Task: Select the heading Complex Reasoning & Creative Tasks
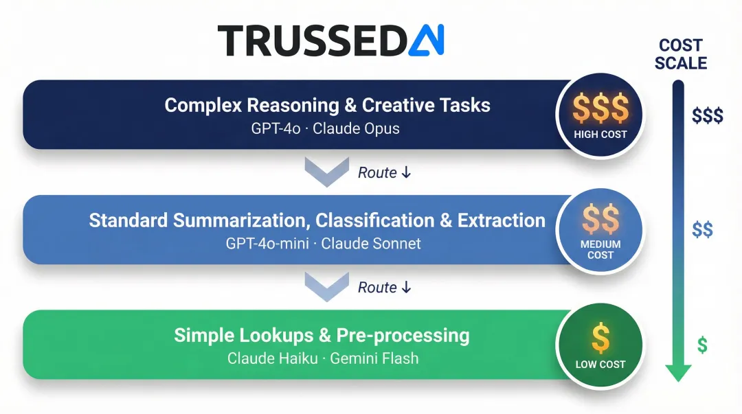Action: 327,105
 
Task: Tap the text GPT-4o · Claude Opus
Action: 325,128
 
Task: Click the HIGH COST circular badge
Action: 600,115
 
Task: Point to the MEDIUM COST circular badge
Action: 600,229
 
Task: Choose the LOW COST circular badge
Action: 600,344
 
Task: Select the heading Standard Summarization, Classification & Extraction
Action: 317,220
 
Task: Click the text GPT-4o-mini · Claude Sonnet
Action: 323,243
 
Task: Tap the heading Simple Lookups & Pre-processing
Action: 322,335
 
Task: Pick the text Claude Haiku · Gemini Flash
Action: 323,358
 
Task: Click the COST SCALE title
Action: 680,54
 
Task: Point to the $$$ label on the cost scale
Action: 707,115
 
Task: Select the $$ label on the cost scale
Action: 702,229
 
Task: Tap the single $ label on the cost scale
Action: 701,345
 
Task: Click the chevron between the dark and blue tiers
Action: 326,172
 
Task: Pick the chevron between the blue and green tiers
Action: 326,287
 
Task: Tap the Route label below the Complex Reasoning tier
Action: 384,173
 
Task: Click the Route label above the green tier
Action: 384,288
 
